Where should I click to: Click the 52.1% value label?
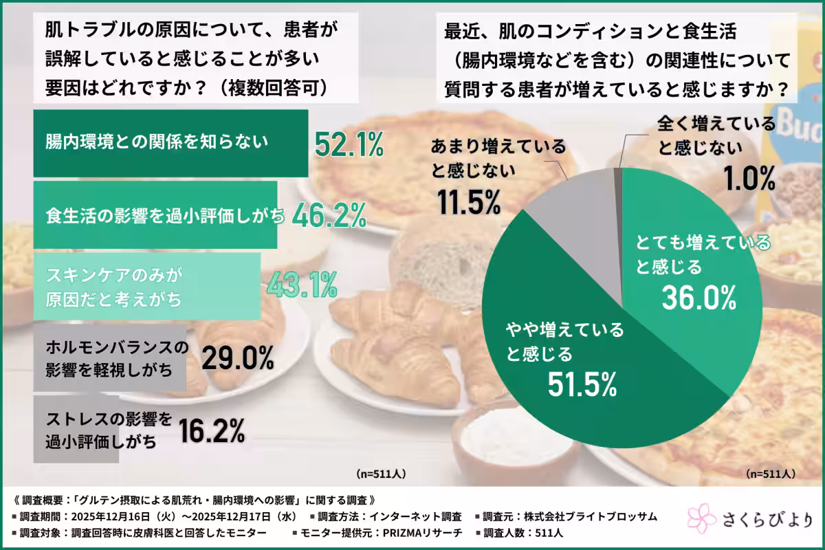click(349, 145)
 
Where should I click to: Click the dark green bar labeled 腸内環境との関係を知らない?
click(170, 142)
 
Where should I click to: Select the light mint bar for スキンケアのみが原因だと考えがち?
click(146, 286)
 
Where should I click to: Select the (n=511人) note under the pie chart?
click(771, 474)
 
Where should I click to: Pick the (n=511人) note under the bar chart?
click(382, 474)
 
